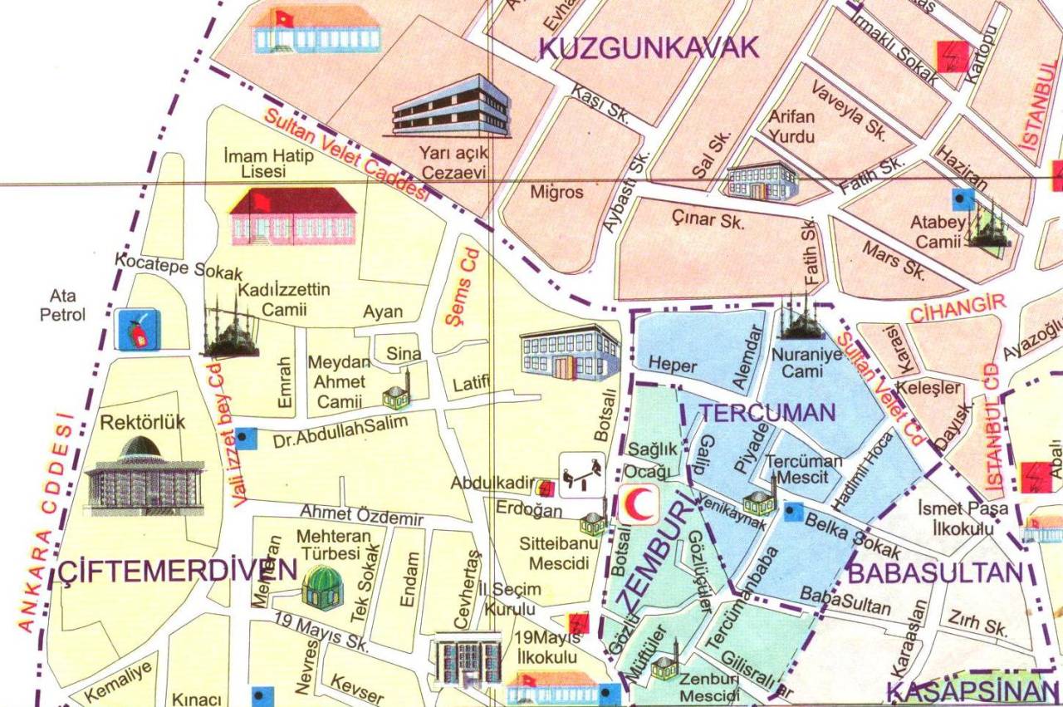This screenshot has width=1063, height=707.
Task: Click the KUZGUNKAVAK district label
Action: tap(649, 47)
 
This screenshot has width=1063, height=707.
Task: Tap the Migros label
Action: tap(556, 192)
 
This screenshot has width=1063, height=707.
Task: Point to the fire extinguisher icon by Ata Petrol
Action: tap(138, 330)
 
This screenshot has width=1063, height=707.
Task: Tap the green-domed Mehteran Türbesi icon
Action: tap(321, 587)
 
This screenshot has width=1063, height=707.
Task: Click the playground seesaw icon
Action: tap(581, 474)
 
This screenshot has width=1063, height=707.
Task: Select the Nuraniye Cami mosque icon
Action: tap(801, 319)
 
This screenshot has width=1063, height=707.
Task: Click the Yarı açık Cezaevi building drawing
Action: tap(450, 106)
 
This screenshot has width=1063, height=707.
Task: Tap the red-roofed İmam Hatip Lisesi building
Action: tap(292, 215)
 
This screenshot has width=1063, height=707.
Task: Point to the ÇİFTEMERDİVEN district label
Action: tap(177, 571)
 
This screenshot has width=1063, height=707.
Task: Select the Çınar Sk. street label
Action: tap(708, 218)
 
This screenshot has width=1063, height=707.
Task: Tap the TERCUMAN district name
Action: tap(766, 413)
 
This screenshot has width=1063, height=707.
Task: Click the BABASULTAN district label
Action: tap(933, 572)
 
